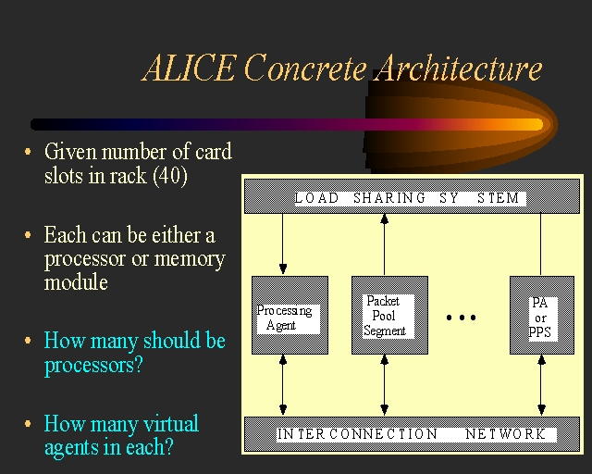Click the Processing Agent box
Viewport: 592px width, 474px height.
coord(290,315)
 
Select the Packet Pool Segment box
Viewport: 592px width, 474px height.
coord(389,315)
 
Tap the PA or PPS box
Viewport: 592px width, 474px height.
coord(541,315)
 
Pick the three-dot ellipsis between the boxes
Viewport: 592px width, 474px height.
coord(462,318)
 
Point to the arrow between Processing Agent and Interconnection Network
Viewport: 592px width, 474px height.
coord(284,385)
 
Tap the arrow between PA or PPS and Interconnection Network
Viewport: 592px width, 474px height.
coord(541,385)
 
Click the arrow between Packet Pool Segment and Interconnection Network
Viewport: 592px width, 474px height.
coord(384,385)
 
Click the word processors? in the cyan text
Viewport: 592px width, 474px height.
coord(93,365)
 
